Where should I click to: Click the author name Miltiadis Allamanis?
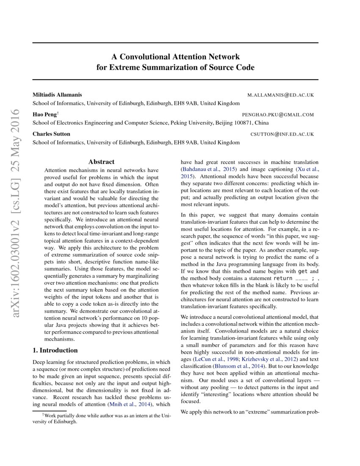pyautogui.click(x=57, y=95)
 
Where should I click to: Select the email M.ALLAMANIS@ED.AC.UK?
pyautogui.click(x=280, y=95)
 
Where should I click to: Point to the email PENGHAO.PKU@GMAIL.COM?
pyautogui.click(x=278, y=115)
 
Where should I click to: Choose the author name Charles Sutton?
pyautogui.click(x=51, y=134)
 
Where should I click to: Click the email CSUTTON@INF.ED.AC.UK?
pyautogui.click(x=282, y=134)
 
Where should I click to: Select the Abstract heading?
pyautogui.click(x=101, y=161)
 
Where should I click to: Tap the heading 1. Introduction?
pyautogui.click(x=55, y=350)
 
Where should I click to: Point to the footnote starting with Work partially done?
pyautogui.click(x=102, y=419)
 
